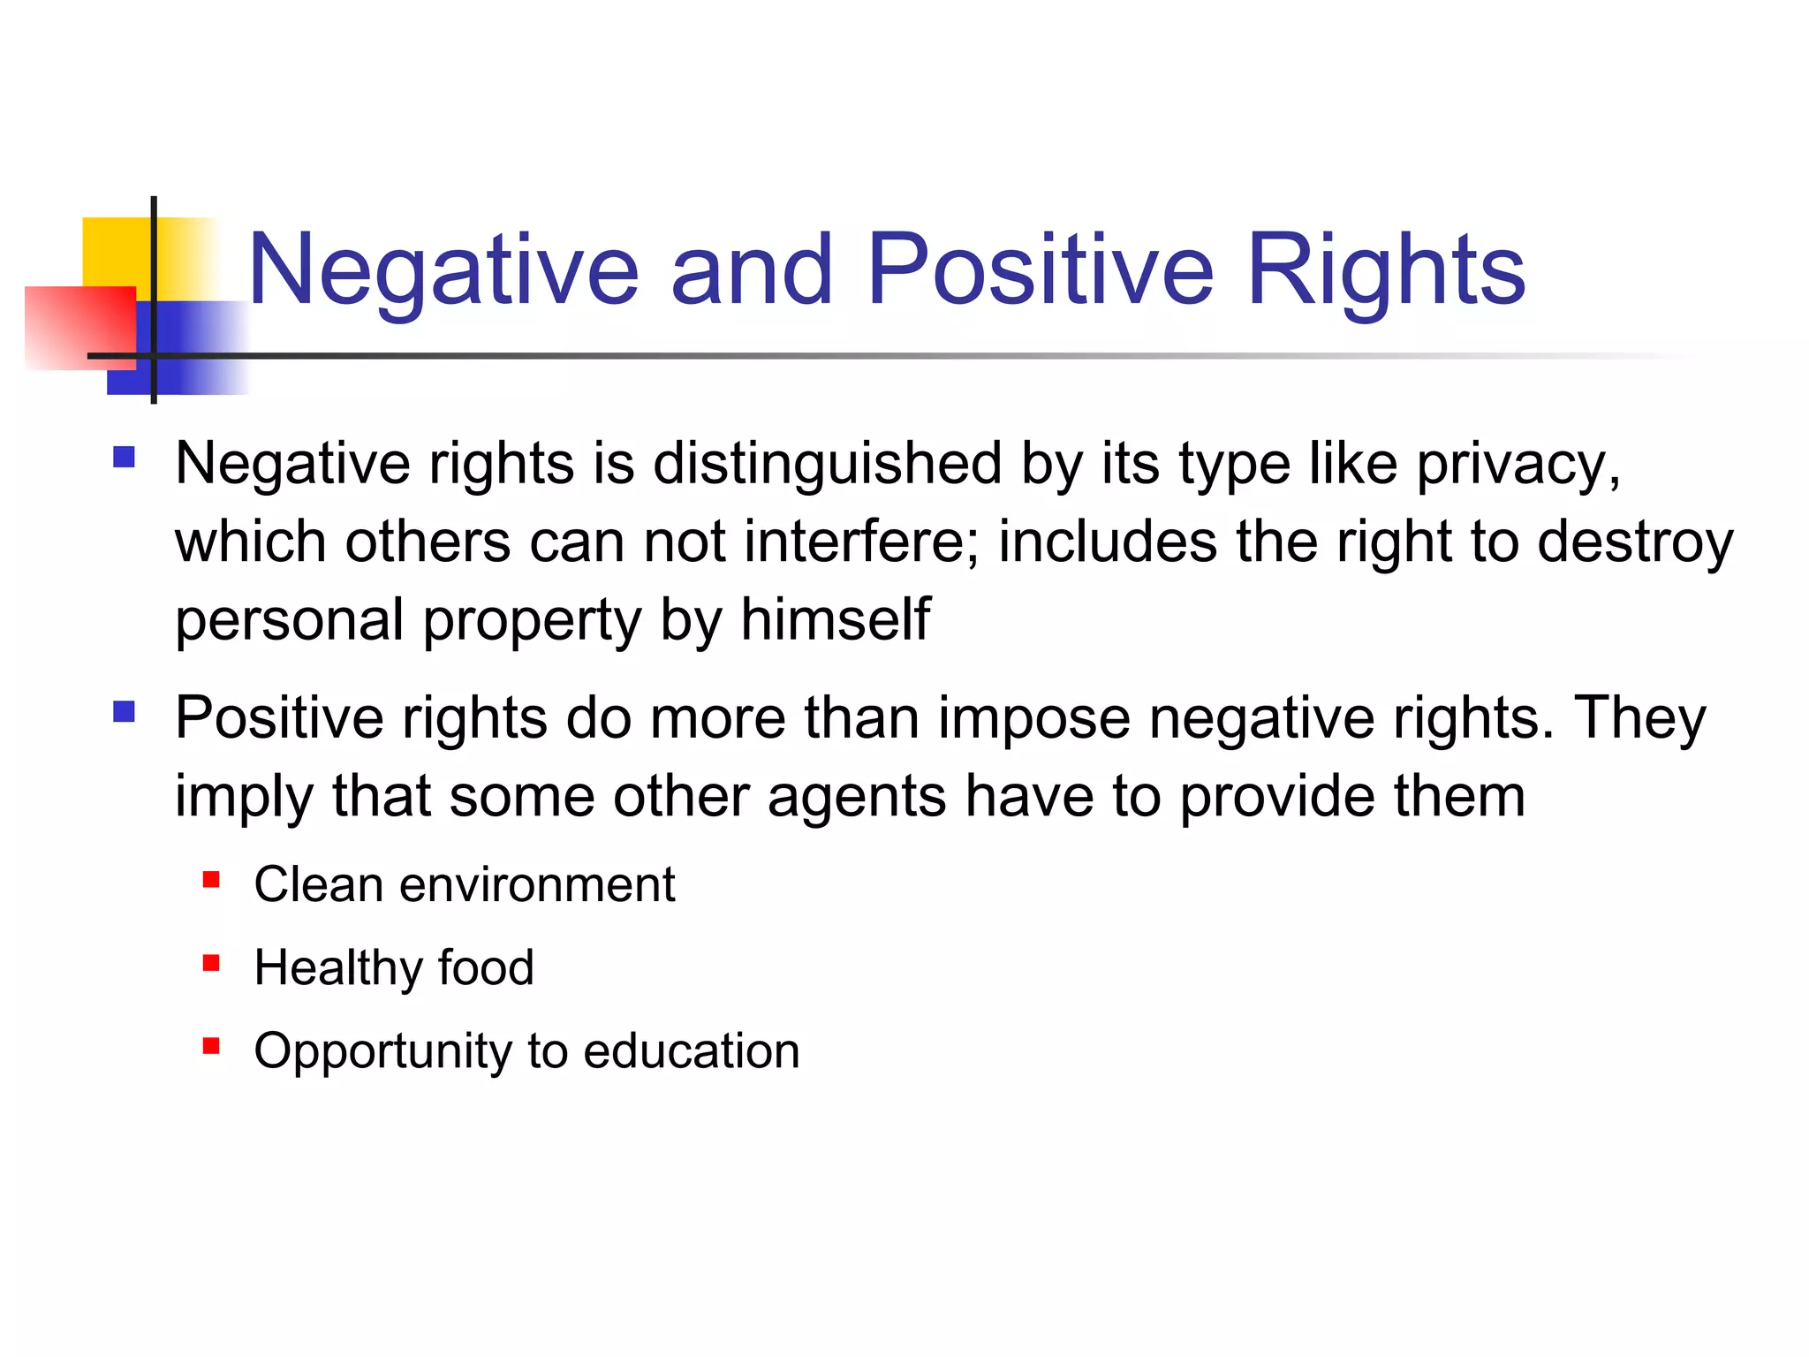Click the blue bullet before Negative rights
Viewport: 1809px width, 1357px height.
(124, 457)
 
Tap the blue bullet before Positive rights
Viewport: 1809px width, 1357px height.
(124, 711)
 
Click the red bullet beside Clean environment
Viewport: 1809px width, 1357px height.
(210, 880)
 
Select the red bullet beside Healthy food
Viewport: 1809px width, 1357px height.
(210, 963)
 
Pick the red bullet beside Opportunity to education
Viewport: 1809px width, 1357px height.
(210, 1046)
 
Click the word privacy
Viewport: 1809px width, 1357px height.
(1518, 465)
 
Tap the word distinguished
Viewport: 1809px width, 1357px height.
(827, 465)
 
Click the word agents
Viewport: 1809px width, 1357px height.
(857, 797)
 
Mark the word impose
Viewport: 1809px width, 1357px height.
(1033, 719)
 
